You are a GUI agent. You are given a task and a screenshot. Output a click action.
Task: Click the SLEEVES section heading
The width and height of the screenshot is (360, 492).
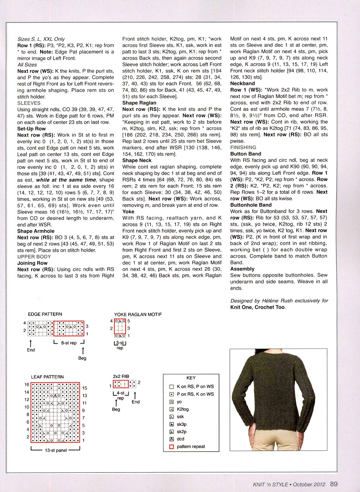[29, 103]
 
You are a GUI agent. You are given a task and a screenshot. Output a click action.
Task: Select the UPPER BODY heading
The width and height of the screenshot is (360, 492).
[34, 257]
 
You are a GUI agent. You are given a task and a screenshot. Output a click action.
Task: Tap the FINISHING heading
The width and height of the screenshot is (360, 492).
[243, 148]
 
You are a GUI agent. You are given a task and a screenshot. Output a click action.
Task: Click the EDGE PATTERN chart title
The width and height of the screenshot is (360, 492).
[45, 314]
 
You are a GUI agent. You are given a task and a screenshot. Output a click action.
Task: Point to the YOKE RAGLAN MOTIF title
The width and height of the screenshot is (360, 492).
[138, 314]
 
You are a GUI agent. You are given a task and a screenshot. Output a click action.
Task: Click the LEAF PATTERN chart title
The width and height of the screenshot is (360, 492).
[47, 377]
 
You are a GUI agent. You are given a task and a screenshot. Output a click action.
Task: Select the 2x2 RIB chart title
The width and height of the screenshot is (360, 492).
[121, 376]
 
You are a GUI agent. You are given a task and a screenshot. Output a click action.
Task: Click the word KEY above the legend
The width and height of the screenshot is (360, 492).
[191, 378]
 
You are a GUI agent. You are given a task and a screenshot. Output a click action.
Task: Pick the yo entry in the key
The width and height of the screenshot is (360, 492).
[179, 402]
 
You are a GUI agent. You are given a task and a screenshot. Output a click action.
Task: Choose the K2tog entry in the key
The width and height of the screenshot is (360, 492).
[183, 409]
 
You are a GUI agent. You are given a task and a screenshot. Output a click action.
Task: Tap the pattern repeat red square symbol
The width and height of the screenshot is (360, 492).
[172, 447]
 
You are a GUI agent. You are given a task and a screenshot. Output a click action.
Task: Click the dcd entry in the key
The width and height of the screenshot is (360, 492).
[180, 439]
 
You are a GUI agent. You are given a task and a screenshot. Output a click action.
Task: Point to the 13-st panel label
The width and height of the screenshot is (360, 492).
[56, 450]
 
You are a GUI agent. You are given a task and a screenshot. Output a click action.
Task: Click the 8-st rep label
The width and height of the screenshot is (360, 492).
[69, 343]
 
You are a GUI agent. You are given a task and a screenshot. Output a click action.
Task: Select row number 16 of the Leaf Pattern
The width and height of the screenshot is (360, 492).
[27, 384]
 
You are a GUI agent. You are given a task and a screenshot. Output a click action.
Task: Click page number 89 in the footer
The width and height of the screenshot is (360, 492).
[334, 484]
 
